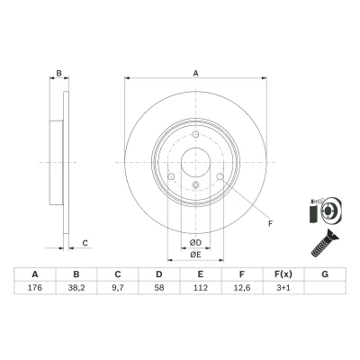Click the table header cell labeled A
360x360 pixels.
pos(35,274)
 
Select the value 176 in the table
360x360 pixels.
pos(35,288)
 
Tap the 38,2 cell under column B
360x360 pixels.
pos(76,288)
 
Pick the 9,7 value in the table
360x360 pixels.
pos(118,288)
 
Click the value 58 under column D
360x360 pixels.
pos(159,288)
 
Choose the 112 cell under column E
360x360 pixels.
pos(201,288)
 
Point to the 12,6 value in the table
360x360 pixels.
pos(242,288)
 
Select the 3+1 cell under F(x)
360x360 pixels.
pos(283,288)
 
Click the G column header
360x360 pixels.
pos(325,274)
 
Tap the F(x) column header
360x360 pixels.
pos(283,274)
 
